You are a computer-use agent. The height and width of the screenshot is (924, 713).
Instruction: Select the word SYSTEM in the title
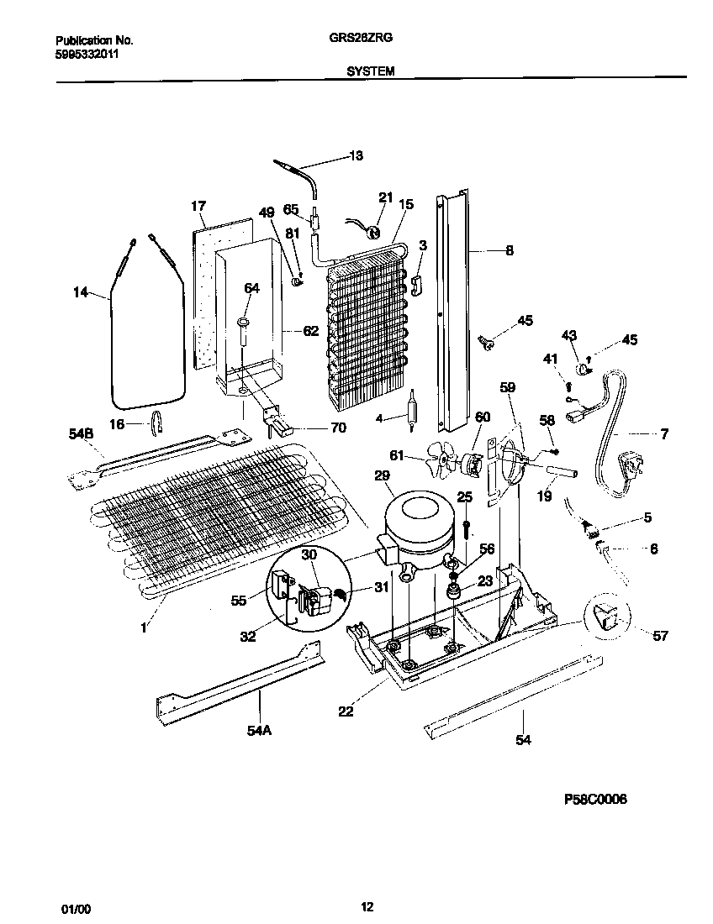click(x=371, y=73)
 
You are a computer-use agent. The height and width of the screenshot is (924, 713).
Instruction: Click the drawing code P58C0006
click(x=595, y=799)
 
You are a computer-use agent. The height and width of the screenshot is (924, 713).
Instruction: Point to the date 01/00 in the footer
click(x=75, y=907)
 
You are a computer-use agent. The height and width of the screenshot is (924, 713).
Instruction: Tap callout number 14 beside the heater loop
click(x=80, y=292)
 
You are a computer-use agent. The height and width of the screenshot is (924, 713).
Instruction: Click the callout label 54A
click(x=259, y=730)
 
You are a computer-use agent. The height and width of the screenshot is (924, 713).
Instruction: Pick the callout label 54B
click(x=80, y=433)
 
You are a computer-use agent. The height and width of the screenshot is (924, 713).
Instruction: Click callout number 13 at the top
click(x=356, y=155)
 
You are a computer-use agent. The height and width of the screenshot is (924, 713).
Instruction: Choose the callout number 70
click(x=338, y=428)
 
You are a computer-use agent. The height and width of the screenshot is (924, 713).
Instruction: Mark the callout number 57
click(x=660, y=635)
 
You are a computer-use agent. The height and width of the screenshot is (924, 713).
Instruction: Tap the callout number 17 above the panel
click(x=198, y=206)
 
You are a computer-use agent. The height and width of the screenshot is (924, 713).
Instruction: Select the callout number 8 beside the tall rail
click(x=510, y=249)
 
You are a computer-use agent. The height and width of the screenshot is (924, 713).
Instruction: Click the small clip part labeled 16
click(x=156, y=425)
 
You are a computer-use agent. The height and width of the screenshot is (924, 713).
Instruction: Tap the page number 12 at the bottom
click(x=367, y=906)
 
